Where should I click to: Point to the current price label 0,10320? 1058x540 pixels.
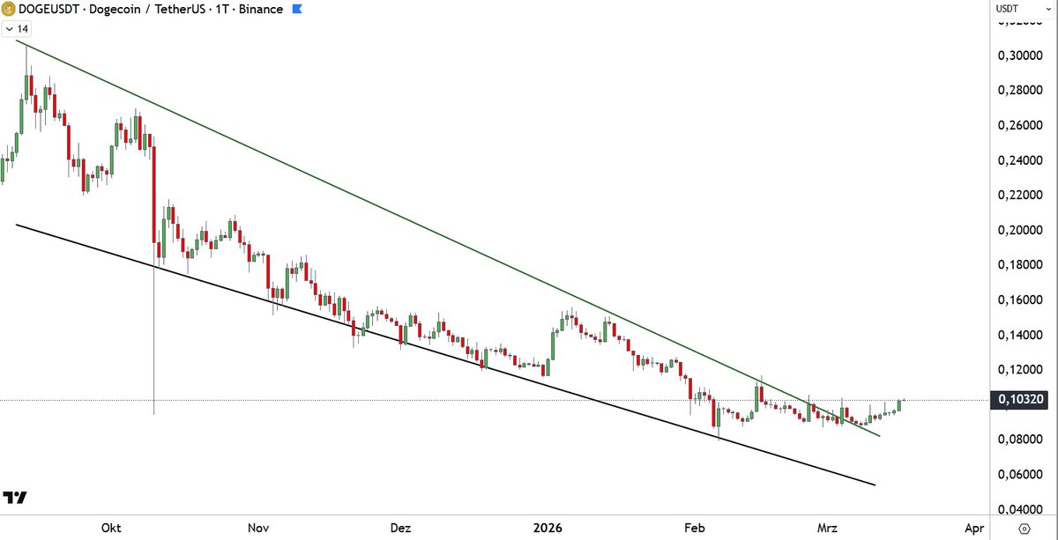(x=1022, y=401)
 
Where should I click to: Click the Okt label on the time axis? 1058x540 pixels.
(x=111, y=528)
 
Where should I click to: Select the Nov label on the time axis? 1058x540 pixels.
(x=258, y=528)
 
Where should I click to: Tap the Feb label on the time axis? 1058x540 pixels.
(x=694, y=528)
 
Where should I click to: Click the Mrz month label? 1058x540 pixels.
(x=828, y=528)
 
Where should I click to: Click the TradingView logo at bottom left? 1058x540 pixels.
(x=15, y=498)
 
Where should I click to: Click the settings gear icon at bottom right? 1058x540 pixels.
(x=1024, y=528)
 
